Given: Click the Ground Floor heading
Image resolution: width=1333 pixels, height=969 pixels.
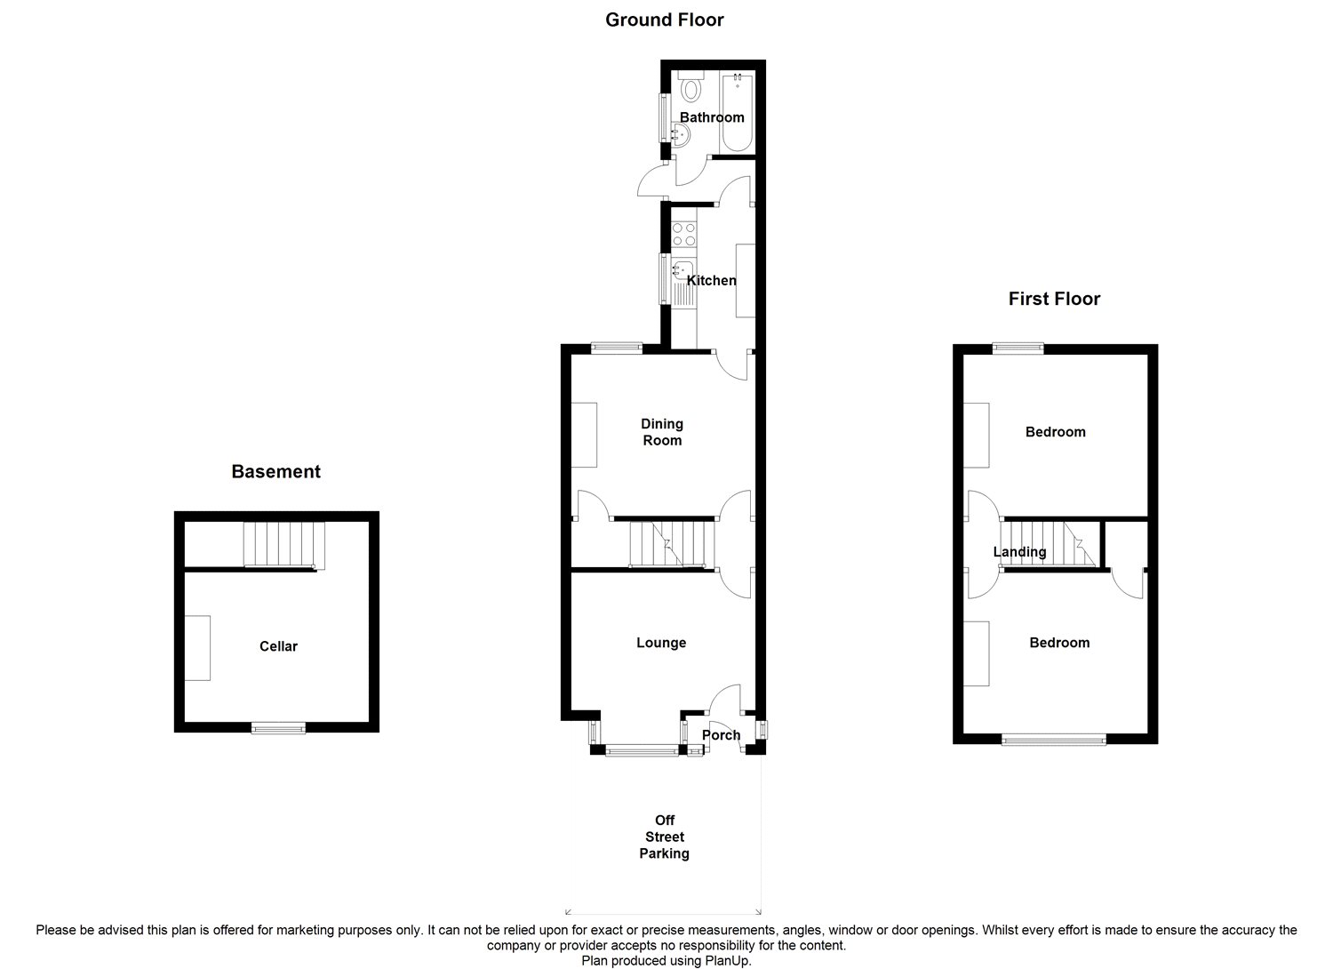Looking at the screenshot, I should tap(664, 20).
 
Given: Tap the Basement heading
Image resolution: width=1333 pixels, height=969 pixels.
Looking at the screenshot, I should tap(275, 471).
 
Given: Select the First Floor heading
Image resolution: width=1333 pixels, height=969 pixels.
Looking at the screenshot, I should tap(1054, 299).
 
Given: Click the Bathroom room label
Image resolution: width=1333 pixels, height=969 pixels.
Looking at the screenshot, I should tap(712, 117).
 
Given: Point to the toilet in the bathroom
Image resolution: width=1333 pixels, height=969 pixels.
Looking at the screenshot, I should tap(691, 89).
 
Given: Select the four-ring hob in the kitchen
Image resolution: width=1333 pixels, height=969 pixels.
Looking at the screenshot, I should tap(684, 235).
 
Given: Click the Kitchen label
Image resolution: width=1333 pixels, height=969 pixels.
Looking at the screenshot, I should tap(712, 280).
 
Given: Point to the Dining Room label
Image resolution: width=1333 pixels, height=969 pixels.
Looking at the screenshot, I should tap(662, 432).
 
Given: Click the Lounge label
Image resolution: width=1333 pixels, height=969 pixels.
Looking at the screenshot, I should tap(661, 643).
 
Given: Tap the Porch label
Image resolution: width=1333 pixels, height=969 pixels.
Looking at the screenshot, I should tap(721, 735).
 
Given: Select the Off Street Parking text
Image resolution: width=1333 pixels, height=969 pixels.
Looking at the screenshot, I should tap(665, 837).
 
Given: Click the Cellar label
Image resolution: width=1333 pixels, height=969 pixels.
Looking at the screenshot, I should tap(278, 646).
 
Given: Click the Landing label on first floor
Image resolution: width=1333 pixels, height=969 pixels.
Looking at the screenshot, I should tap(1019, 552).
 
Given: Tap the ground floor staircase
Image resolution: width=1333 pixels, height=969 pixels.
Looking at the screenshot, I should tap(672, 543).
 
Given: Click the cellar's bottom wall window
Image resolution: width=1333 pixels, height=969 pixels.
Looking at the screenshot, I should tap(278, 728).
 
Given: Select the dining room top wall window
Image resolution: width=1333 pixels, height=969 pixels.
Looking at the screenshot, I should tap(618, 348).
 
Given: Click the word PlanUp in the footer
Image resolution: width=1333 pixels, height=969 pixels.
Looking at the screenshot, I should tap(730, 961).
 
